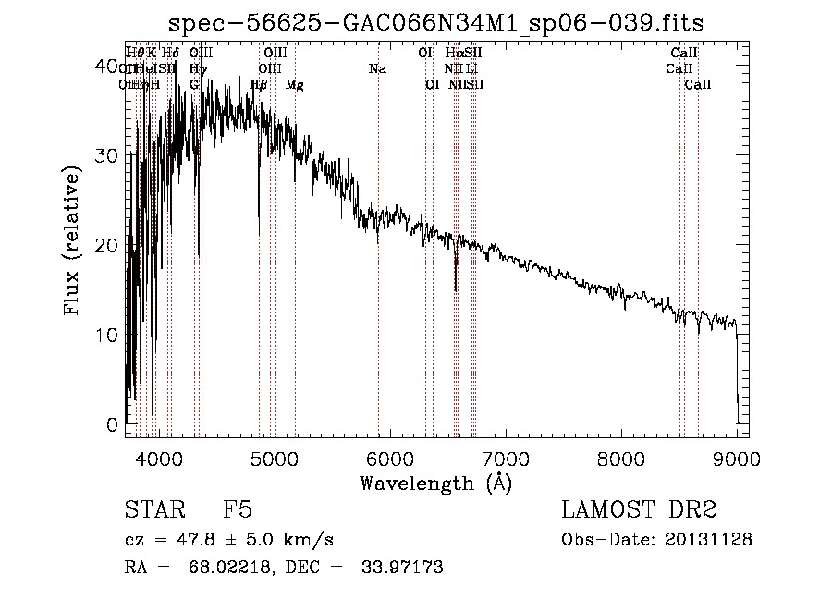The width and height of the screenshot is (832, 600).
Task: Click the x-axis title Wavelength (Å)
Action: (435, 483)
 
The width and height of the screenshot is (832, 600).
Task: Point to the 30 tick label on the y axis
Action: (108, 155)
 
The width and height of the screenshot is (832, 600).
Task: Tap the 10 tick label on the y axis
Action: (108, 335)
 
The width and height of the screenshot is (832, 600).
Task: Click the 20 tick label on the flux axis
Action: (108, 245)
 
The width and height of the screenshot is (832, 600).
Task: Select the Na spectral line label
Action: (377, 69)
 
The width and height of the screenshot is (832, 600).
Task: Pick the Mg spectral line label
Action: (295, 85)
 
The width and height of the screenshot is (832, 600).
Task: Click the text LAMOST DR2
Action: (639, 511)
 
